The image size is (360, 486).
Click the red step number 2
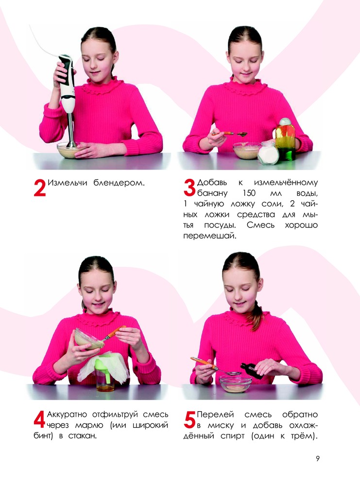[40, 188]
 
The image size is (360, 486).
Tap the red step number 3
[189, 188]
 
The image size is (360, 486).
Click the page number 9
[318, 458]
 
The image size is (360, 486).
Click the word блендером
[119, 183]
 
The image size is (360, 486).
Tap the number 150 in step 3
[249, 193]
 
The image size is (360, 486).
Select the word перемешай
[209, 236]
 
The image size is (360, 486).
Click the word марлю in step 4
[89, 425]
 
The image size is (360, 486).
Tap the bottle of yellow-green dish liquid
[285, 139]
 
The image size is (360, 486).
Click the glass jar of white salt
[268, 153]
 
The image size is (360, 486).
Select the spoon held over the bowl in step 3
[229, 134]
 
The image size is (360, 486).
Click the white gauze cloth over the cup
[103, 369]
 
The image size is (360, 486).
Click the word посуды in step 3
[220, 226]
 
